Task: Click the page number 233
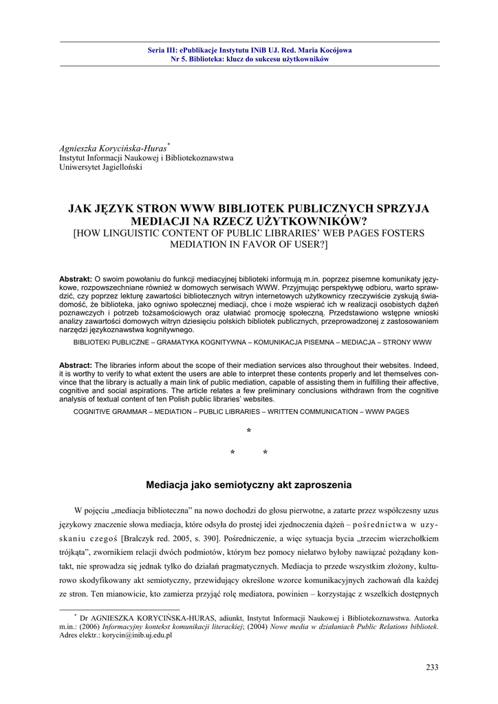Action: (x=432, y=667)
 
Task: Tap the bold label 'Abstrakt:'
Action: (x=76, y=278)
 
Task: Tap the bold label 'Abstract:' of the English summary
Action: (x=75, y=364)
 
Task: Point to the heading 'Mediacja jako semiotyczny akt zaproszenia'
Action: (x=249, y=485)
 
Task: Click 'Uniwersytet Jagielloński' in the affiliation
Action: (x=100, y=167)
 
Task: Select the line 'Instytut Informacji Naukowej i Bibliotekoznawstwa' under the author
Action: (x=147, y=158)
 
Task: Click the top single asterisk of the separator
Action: (x=249, y=432)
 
